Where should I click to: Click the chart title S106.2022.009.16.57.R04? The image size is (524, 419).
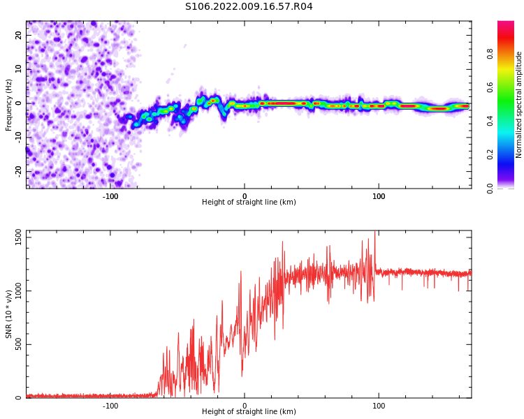pos(249,7)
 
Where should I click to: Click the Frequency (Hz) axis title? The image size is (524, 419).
pos(9,105)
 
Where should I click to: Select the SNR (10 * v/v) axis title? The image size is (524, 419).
pos(9,314)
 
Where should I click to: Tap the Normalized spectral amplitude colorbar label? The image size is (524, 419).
pos(519,105)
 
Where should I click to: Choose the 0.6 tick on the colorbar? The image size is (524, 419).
pos(490,87)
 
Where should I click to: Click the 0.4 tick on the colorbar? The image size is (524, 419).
pos(490,121)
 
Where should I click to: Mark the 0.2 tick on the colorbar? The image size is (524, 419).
pos(490,154)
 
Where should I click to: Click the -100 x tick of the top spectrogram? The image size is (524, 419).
pos(110,196)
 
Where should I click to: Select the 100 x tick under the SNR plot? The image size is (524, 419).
pos(379,406)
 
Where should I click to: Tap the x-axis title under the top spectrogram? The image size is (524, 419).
pos(249,203)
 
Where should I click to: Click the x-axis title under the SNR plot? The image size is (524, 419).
pos(249,412)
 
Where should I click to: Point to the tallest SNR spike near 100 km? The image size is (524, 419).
pos(375,233)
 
